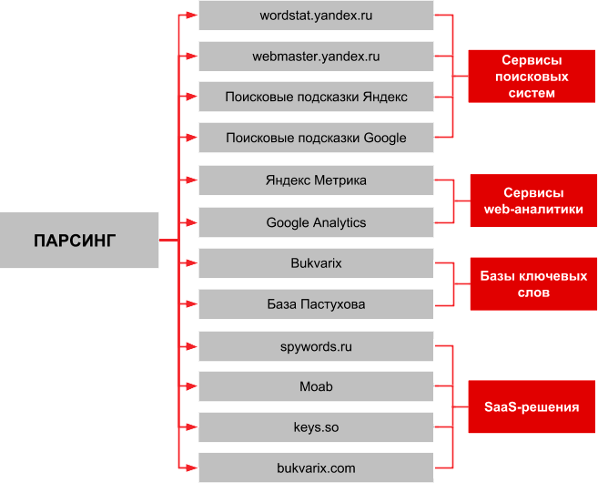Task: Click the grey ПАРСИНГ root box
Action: pos(79,241)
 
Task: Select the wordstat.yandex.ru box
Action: pos(316,15)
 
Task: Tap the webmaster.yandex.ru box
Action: pos(316,57)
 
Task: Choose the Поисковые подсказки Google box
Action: pos(316,139)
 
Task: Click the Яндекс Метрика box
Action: pos(316,180)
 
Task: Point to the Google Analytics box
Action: pos(316,222)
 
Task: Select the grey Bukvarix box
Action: pos(316,263)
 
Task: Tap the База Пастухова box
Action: pos(316,304)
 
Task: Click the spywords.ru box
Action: pos(316,346)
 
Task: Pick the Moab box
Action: pos(316,387)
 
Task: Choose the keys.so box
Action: pos(316,427)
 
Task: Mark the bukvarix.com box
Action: pos(316,468)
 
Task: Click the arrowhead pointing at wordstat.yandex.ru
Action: pos(191,15)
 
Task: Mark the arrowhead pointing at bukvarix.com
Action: pos(191,468)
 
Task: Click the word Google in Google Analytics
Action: pos(288,222)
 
